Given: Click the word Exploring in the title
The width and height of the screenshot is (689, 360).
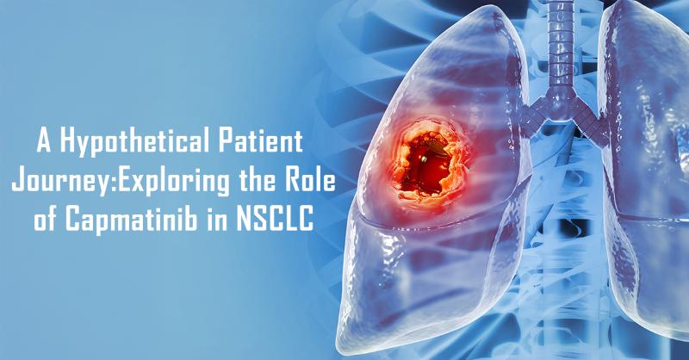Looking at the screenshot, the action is (173, 181).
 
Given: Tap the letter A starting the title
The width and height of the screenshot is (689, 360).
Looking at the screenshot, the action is (44, 141).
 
